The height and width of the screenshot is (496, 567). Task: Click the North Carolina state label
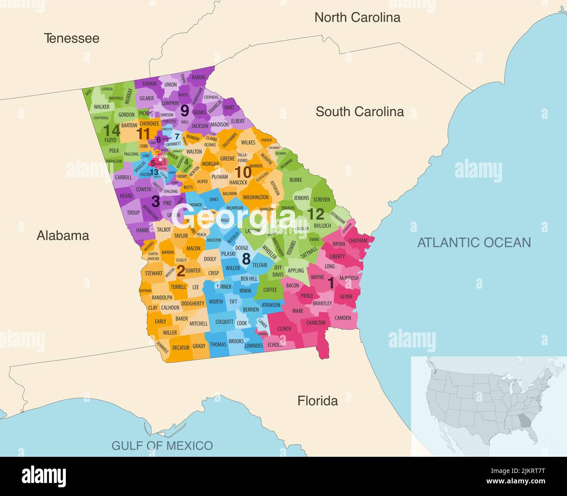pos(357,17)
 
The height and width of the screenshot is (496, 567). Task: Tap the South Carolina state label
pos(359,111)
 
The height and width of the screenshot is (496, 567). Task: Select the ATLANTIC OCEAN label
pos(474,243)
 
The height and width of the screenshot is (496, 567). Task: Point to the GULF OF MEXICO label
pos(162,445)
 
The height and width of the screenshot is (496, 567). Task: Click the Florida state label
pos(318,401)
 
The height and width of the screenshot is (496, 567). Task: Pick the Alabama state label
pos(63,236)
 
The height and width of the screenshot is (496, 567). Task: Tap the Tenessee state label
pos(72,38)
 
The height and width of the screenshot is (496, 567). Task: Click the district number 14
pos(111,130)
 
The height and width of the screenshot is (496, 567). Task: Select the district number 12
pos(316,214)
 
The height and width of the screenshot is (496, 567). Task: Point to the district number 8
pos(246,259)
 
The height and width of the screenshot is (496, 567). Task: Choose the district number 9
pos(184,111)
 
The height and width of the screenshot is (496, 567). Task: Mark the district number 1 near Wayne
pos(331,283)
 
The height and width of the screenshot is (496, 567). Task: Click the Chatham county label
pos(358,240)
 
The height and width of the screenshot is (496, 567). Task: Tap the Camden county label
pos(343,318)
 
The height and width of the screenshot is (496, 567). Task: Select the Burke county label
pos(295,180)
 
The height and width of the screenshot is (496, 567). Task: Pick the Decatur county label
pos(181,348)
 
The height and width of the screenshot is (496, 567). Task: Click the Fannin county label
pos(149,84)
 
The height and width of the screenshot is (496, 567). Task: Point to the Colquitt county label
pos(224,322)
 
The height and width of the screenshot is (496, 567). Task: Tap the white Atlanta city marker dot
pos(161,160)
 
